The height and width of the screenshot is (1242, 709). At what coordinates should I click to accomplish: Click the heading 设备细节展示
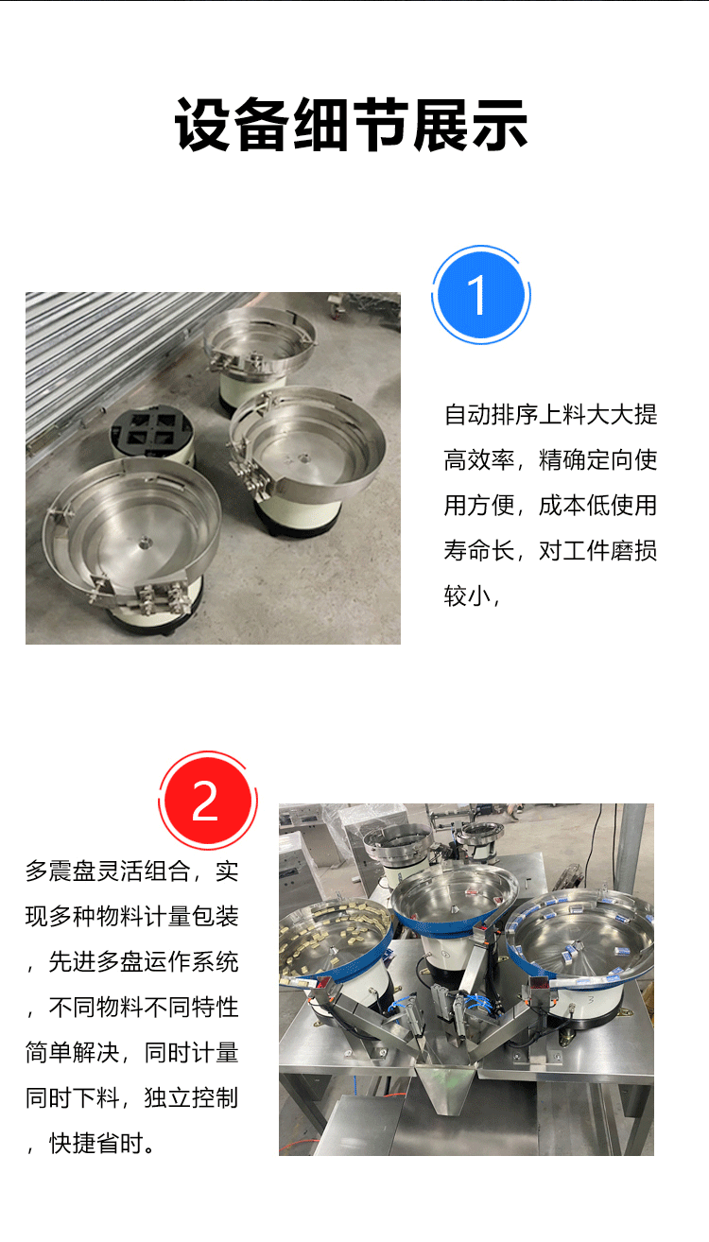pyautogui.click(x=351, y=125)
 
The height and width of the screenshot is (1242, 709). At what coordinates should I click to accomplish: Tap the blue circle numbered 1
pyautogui.click(x=480, y=295)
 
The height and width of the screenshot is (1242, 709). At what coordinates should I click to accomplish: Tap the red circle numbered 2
pyautogui.click(x=208, y=801)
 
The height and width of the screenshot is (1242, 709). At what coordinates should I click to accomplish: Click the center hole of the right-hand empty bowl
pyautogui.click(x=303, y=459)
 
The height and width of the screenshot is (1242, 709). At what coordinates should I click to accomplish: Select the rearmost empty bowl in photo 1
pyautogui.click(x=259, y=354)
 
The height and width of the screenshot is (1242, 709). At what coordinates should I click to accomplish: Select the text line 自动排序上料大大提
pyautogui.click(x=550, y=414)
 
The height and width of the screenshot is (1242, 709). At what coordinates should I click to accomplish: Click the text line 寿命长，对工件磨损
pyautogui.click(x=550, y=551)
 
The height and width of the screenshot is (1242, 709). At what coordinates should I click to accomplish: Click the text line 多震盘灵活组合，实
pyautogui.click(x=132, y=871)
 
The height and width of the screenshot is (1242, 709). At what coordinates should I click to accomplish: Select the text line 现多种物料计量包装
pyautogui.click(x=132, y=916)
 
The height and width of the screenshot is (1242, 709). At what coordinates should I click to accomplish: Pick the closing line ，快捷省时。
pyautogui.click(x=92, y=1143)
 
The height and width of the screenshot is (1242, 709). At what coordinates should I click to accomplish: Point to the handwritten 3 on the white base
pyautogui.click(x=591, y=1000)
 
